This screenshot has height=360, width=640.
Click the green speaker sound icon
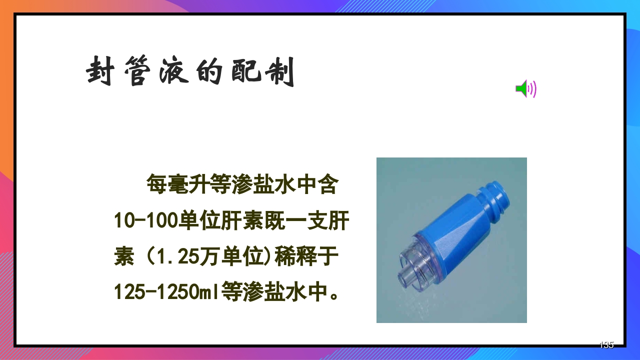pos(525,89)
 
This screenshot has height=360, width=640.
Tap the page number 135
pos(606,344)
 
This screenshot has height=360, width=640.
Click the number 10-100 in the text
pos(146,221)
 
